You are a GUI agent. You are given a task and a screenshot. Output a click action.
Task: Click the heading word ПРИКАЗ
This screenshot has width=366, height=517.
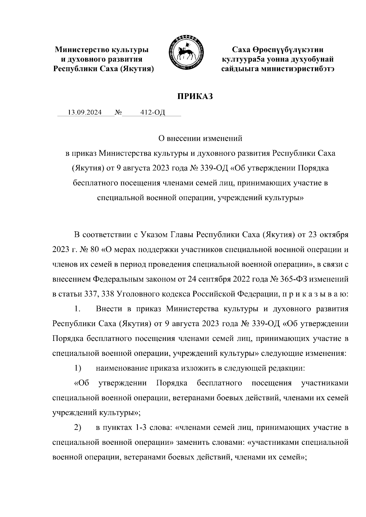[x=195, y=97]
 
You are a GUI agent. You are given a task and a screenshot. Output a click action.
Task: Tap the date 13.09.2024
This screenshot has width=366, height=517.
[x=84, y=113]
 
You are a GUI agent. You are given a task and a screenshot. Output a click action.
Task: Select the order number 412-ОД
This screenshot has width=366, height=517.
[x=152, y=113]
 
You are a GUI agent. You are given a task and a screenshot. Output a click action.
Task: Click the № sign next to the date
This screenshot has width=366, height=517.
[x=118, y=113]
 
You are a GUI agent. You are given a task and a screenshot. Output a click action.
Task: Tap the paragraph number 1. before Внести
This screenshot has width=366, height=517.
[x=77, y=309]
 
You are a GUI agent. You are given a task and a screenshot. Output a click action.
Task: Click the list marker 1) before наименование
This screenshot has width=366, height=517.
[x=77, y=368]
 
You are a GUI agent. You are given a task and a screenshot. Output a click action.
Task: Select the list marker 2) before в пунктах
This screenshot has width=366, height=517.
[x=77, y=428]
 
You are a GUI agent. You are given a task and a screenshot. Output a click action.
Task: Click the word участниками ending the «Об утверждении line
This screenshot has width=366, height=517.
[x=325, y=383]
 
